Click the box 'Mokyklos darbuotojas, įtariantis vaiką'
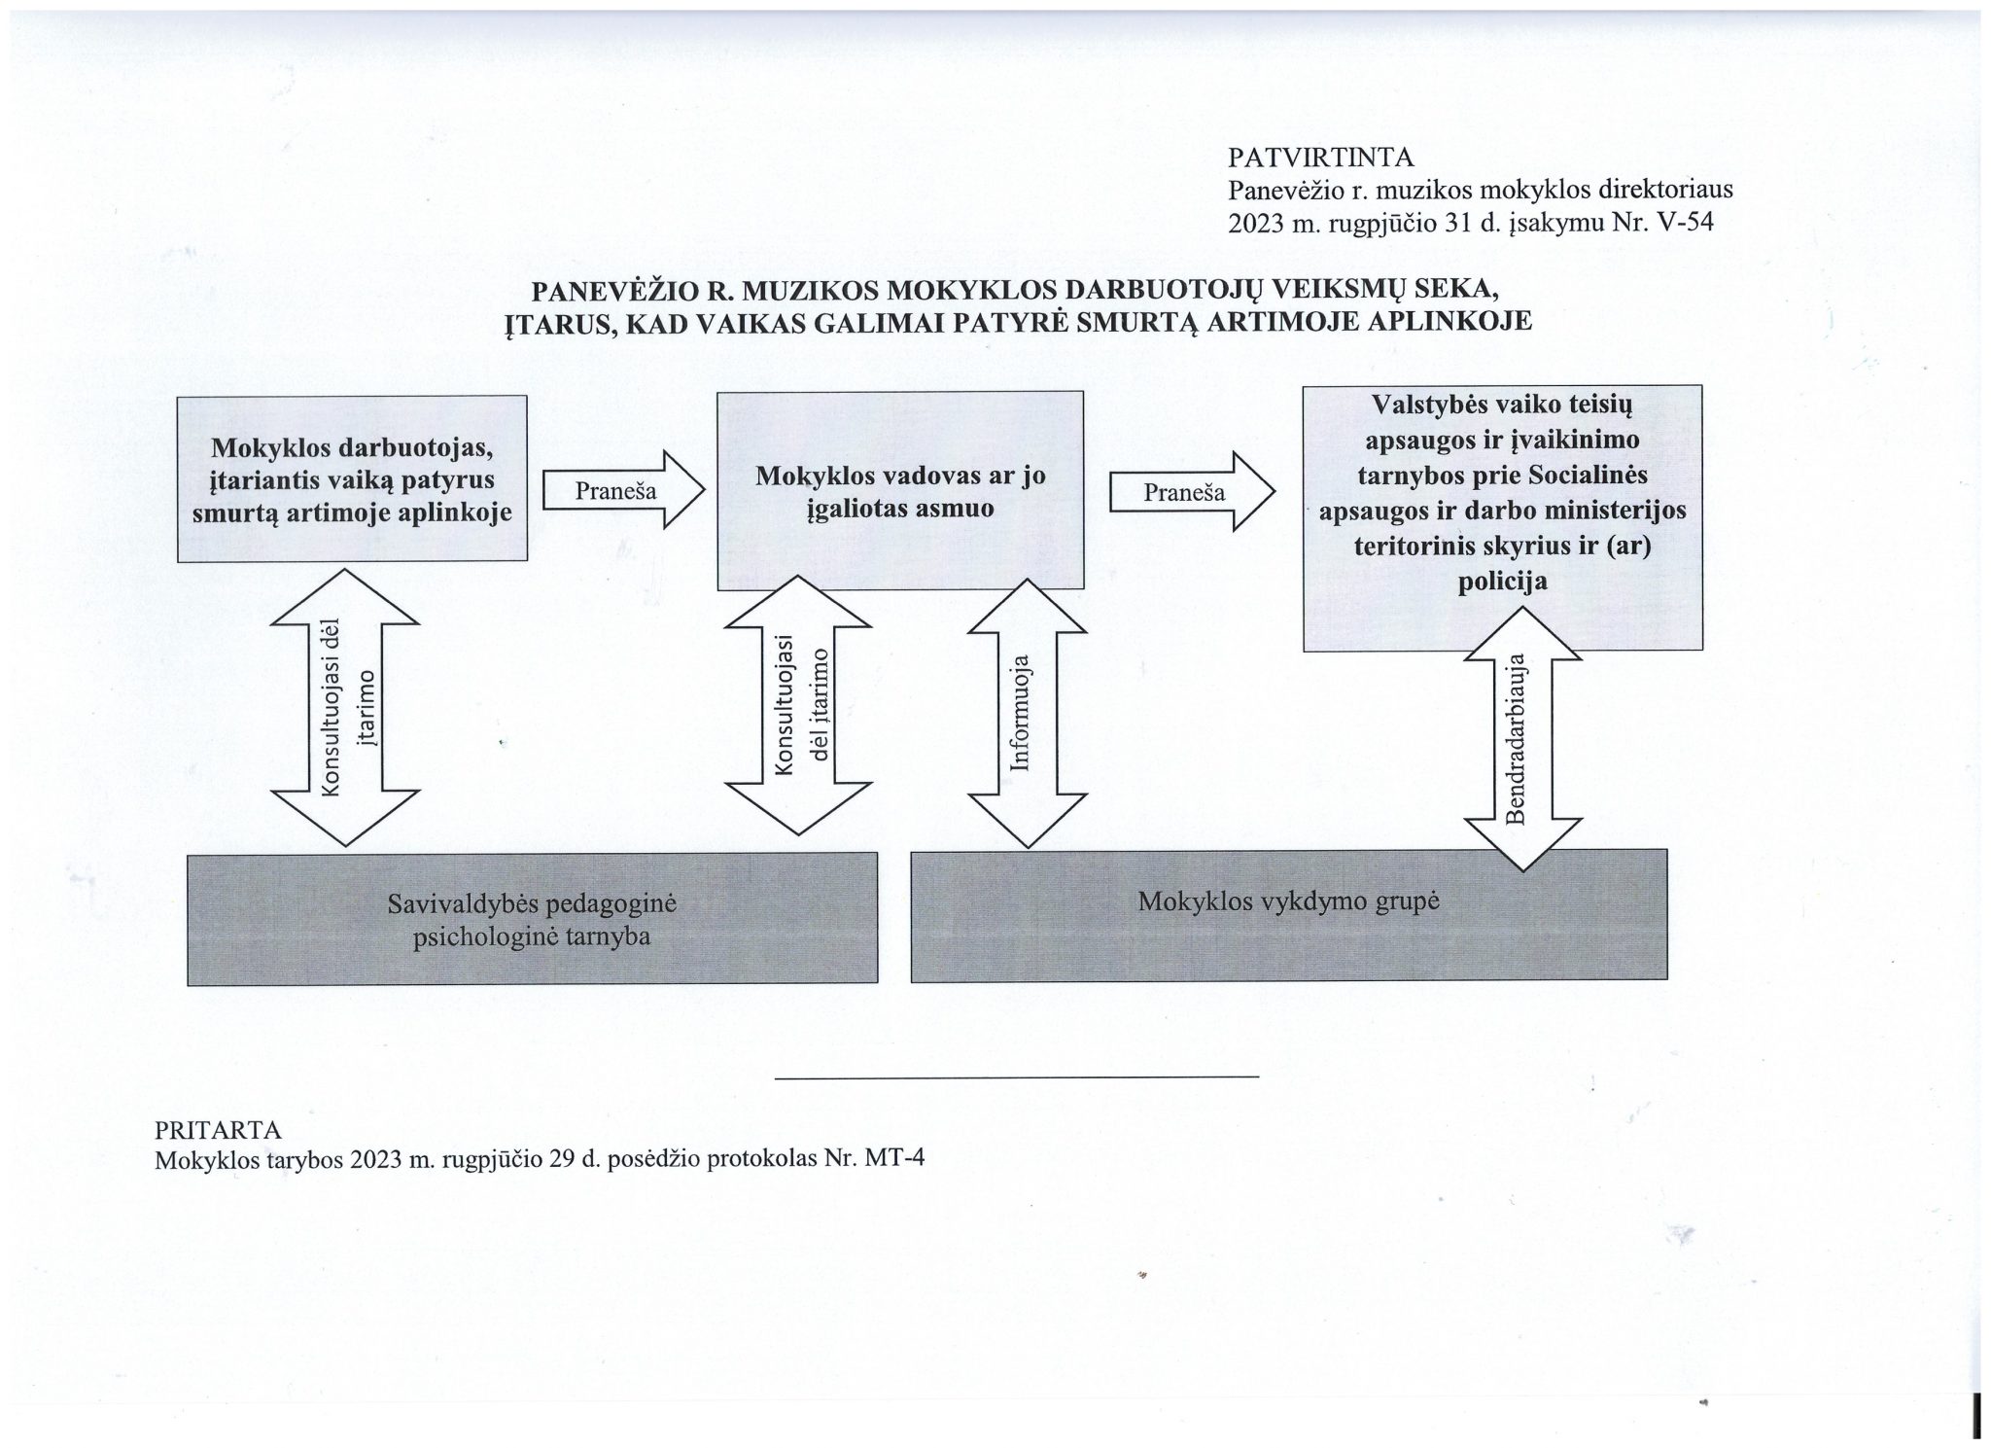click(352, 478)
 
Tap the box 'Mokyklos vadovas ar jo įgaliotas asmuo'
click(899, 491)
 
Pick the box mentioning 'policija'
click(1502, 517)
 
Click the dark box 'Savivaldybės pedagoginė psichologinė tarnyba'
click(532, 919)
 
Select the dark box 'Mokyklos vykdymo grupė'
click(1288, 915)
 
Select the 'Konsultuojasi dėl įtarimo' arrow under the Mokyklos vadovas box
click(799, 704)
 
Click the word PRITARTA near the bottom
click(218, 1130)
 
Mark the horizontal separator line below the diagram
click(1017, 1077)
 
